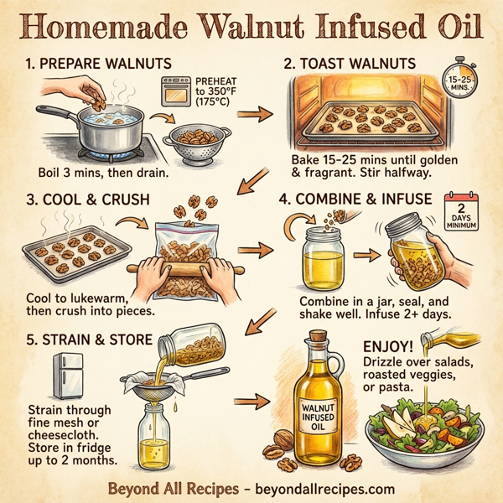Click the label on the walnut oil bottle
pos(317,417)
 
